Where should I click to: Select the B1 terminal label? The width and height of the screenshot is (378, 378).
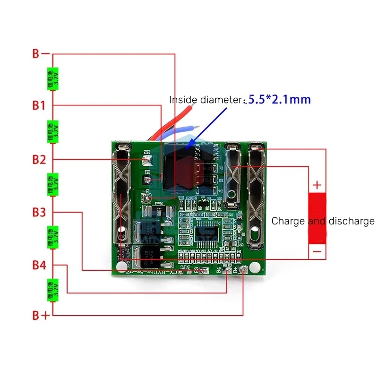point(39,106)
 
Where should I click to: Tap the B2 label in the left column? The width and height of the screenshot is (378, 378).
point(39,160)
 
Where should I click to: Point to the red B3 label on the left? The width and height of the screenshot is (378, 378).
point(39,213)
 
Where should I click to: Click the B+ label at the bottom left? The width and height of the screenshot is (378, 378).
point(41,316)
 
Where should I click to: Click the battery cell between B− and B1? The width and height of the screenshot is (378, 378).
point(52,79)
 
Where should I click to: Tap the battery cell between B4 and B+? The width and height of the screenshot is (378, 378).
point(52,290)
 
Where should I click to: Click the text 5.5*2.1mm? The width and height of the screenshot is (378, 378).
point(280,100)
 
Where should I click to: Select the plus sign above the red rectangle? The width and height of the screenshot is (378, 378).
point(317,184)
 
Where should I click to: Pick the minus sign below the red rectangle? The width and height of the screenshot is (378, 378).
point(317,252)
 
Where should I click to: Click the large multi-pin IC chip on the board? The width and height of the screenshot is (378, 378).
point(205,232)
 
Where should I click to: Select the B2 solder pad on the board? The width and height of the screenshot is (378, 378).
point(147,179)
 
